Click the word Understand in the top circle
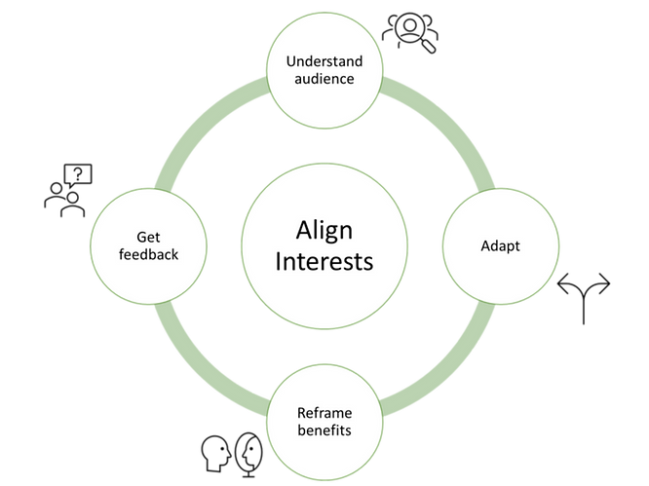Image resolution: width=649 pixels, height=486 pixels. coord(324,61)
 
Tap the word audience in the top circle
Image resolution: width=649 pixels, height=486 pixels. coord(324,78)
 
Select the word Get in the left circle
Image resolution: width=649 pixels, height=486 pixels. coord(147,236)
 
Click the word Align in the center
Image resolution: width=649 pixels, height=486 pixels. coord(324,232)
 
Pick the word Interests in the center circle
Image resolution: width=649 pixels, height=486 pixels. coord(324,262)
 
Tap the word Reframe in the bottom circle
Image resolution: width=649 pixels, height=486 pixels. coord(324,412)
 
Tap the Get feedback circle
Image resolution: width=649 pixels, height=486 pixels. coord(147,273)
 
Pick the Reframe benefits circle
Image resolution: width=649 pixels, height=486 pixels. coord(324,448)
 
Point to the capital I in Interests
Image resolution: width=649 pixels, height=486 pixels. coord(281,262)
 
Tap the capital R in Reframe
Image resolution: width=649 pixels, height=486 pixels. coord(301,412)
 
